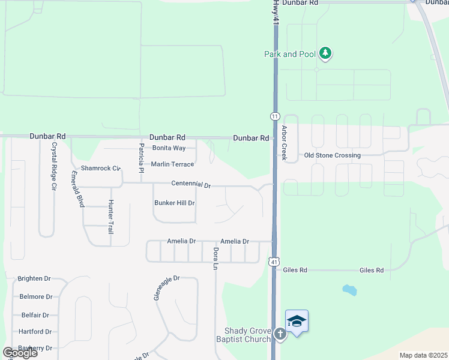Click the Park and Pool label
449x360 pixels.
pyautogui.click(x=290, y=54)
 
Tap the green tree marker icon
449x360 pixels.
pyautogui.click(x=325, y=54)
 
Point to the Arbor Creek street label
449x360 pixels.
pyautogui.click(x=285, y=143)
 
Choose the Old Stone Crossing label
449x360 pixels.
pyautogui.click(x=333, y=155)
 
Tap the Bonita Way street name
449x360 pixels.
pyautogui.click(x=169, y=148)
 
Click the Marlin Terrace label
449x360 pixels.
pyautogui.click(x=172, y=164)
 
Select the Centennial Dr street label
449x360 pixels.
pyautogui.click(x=191, y=185)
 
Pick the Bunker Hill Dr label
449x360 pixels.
pyautogui.click(x=175, y=203)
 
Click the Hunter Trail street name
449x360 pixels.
pyautogui.click(x=110, y=217)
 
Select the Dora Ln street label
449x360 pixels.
pyautogui.click(x=215, y=259)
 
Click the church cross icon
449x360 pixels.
pyautogui.click(x=280, y=334)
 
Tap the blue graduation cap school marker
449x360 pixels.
pyautogui.click(x=297, y=322)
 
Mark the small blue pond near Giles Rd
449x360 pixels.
pyautogui.click(x=349, y=290)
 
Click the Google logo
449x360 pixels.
pyautogui.click(x=20, y=353)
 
